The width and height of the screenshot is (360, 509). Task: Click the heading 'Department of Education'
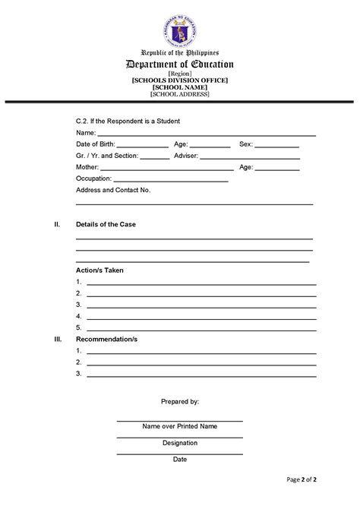(179, 65)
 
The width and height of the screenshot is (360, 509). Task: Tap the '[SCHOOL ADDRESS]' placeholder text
(179, 94)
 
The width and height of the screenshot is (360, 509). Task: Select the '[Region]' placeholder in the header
(179, 74)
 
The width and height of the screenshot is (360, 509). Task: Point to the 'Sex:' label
(245, 144)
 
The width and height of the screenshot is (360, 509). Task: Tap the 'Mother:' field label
(87, 166)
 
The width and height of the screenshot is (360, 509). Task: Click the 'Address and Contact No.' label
(113, 190)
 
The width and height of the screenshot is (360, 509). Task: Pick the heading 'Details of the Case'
(106, 225)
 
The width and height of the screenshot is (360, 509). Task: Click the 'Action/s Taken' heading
(99, 270)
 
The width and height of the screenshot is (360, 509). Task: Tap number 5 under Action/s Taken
(79, 327)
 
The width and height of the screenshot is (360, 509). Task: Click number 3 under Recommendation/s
(79, 373)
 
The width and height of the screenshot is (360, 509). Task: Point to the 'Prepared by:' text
(180, 400)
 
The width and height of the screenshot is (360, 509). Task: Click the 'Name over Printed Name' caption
(179, 426)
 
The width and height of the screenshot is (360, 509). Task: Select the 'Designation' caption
(180, 443)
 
